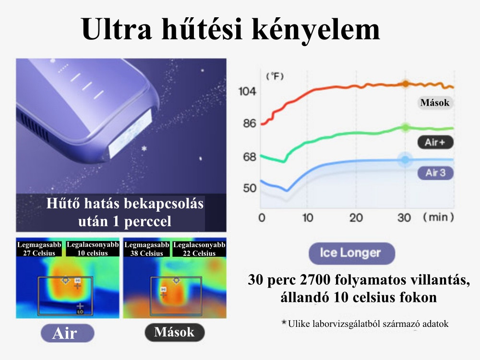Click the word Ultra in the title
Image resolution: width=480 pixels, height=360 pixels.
[x=117, y=29]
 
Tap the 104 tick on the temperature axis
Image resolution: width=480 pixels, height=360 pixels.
[x=247, y=91]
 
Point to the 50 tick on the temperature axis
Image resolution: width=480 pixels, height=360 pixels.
[x=250, y=188]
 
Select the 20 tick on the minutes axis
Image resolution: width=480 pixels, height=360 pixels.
[x=356, y=217]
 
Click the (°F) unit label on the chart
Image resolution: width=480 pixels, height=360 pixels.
[x=275, y=76]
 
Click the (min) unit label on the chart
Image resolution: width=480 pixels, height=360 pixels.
[x=438, y=217]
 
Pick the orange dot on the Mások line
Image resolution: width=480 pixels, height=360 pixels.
[x=405, y=84]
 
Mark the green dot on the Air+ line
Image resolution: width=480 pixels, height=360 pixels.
[x=405, y=128]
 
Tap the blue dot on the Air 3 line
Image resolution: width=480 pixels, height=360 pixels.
[x=405, y=159]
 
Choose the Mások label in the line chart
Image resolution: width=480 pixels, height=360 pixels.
[x=435, y=103]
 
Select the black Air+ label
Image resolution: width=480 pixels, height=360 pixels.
[x=435, y=142]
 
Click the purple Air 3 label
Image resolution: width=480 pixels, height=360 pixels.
[x=435, y=173]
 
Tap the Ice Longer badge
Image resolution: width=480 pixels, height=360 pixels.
[x=351, y=253]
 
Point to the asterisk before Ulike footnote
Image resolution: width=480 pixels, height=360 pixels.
[x=284, y=323]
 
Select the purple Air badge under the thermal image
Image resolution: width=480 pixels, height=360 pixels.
[x=67, y=333]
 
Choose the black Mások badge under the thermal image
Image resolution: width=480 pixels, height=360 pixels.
[x=174, y=333]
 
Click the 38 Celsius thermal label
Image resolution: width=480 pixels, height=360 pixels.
[x=146, y=253]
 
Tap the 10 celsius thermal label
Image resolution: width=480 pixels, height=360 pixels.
[x=93, y=253]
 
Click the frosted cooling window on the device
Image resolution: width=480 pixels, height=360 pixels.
[x=131, y=133]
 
